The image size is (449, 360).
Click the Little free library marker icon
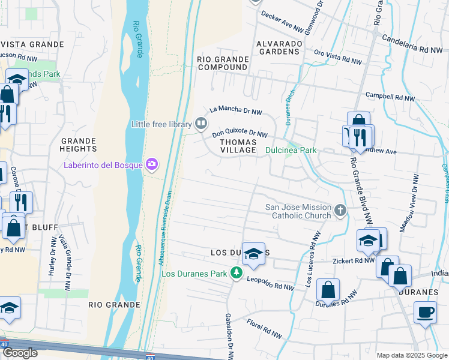click(x=201, y=124)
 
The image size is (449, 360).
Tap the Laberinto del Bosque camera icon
click(x=152, y=164)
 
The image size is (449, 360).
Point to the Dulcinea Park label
click(x=291, y=151)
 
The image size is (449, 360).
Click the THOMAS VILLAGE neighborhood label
click(x=238, y=146)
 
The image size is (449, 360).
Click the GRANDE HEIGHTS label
click(x=79, y=144)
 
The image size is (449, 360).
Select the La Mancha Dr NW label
click(x=236, y=110)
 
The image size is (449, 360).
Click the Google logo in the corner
click(x=20, y=353)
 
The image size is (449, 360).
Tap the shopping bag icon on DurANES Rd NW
click(x=328, y=291)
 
